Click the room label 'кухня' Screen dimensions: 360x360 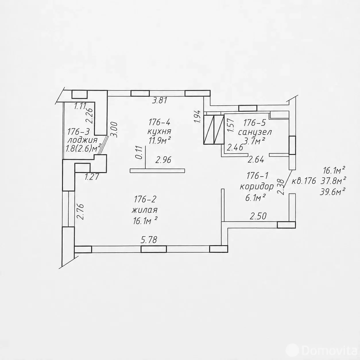(x=159, y=132)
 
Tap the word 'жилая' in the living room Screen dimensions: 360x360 (x=145, y=210)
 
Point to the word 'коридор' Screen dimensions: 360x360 (x=257, y=187)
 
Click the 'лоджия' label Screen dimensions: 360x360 (x=83, y=140)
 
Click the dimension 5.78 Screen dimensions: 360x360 (x=149, y=240)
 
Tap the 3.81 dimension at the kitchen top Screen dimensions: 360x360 (x=159, y=101)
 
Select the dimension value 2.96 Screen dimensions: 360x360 (x=163, y=160)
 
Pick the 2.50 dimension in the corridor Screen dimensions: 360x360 (x=258, y=216)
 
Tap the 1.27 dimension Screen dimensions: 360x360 (x=92, y=177)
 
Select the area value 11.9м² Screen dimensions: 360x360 (x=160, y=140)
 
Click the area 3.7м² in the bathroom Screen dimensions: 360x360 (x=254, y=141)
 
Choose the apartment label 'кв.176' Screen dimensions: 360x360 (x=304, y=181)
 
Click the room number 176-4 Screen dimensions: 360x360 (x=159, y=123)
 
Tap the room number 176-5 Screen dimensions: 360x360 (x=254, y=123)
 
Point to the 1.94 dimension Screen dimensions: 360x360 (x=197, y=116)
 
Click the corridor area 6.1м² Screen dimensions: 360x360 (x=256, y=198)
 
